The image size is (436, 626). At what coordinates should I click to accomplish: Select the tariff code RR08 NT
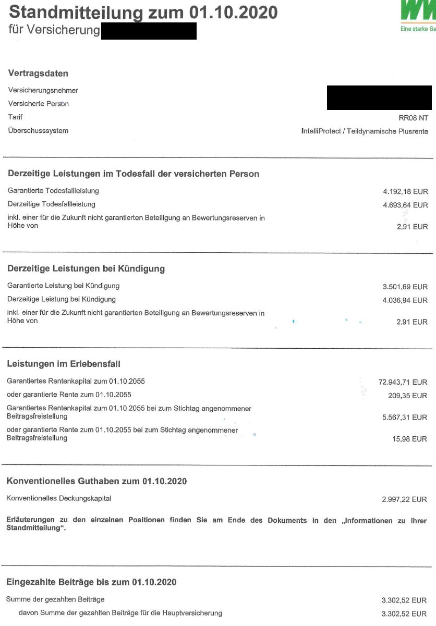[413, 118]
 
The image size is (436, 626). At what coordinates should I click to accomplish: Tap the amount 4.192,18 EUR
[405, 192]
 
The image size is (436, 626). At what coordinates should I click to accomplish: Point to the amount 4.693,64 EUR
[405, 205]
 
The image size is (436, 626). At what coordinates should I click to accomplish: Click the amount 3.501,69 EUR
[405, 287]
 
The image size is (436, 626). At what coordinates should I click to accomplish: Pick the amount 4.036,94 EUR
[405, 300]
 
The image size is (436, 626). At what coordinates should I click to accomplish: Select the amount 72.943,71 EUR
[403, 382]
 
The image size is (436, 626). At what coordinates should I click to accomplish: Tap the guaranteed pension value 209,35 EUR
[408, 396]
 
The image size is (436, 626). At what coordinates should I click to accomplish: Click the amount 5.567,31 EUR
[405, 418]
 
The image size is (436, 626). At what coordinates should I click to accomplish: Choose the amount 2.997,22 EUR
[405, 499]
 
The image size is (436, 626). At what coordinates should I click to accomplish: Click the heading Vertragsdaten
[38, 73]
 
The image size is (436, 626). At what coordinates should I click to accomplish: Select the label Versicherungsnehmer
[43, 90]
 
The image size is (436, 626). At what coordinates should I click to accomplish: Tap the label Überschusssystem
[38, 131]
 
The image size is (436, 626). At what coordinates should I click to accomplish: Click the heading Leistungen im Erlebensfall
[64, 364]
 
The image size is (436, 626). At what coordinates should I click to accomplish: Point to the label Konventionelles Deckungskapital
[59, 498]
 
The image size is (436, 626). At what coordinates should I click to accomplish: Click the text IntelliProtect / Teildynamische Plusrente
[365, 131]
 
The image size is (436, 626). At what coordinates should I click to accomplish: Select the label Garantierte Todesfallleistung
[53, 191]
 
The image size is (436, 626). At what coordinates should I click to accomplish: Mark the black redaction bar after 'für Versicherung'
[149, 31]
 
